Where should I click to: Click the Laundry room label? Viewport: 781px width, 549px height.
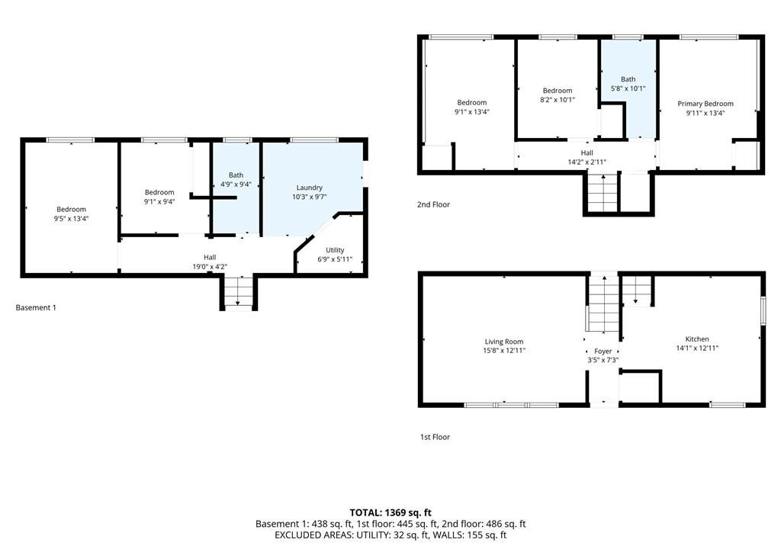[310, 188]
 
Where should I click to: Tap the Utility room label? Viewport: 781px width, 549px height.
[335, 250]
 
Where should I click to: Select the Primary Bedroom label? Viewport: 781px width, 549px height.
[705, 104]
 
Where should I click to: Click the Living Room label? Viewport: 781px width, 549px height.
[504, 342]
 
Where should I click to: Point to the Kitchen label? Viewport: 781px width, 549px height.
[697, 339]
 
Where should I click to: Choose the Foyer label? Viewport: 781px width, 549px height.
[603, 352]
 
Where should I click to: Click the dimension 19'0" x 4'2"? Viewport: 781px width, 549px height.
[210, 267]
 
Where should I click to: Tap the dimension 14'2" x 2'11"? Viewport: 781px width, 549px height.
[587, 162]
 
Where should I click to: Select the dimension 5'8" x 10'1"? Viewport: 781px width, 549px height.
[628, 88]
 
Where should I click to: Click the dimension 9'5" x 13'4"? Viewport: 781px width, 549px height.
[71, 219]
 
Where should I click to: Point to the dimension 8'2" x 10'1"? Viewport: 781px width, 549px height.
[558, 100]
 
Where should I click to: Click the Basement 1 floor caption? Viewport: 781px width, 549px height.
[36, 308]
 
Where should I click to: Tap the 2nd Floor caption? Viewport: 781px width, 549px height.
[433, 204]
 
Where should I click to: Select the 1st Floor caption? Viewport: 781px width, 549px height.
[435, 437]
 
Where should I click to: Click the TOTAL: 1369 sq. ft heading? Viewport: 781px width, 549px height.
[390, 512]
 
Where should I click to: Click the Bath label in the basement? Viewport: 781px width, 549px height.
[236, 175]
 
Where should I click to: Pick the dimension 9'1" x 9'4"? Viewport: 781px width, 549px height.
[159, 202]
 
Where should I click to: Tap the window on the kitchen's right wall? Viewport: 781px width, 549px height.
[763, 311]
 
